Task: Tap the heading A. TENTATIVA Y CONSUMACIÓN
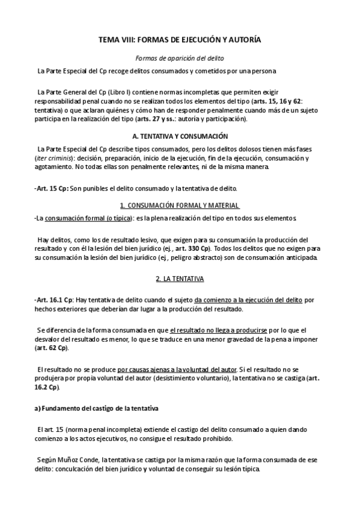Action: (x=180, y=137)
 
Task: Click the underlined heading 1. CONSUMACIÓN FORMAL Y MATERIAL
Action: (x=180, y=205)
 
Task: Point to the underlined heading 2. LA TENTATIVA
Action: (x=180, y=262)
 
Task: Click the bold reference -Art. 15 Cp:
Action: (x=52, y=188)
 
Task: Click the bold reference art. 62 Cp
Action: (x=52, y=348)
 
